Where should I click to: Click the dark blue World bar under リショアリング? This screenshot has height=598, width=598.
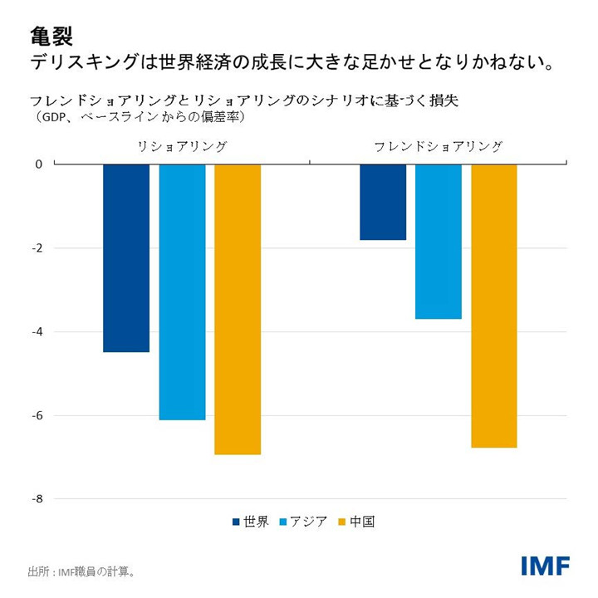pyautogui.click(x=126, y=258)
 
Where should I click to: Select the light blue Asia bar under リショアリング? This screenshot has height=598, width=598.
pyautogui.click(x=182, y=292)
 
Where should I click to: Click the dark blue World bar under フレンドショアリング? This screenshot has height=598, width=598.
pyautogui.click(x=383, y=202)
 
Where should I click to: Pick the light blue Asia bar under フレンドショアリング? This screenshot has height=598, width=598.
pyautogui.click(x=439, y=242)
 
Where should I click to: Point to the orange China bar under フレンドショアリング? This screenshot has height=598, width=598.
pyautogui.click(x=494, y=306)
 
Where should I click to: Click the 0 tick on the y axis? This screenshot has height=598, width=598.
pyautogui.click(x=38, y=164)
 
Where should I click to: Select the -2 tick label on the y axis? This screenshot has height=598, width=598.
pyautogui.click(x=37, y=248)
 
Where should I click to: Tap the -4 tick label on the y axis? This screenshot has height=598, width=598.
pyautogui.click(x=37, y=332)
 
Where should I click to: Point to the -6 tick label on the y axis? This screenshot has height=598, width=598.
pyautogui.click(x=37, y=416)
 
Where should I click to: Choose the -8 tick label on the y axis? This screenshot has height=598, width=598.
pyautogui.click(x=37, y=499)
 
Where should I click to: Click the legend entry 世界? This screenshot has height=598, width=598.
pyautogui.click(x=250, y=522)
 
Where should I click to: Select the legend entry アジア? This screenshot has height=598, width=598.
pyautogui.click(x=304, y=522)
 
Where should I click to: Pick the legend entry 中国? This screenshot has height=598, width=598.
pyautogui.click(x=357, y=522)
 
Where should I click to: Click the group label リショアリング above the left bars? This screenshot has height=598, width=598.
pyautogui.click(x=182, y=147)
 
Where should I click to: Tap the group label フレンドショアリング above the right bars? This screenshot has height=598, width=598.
pyautogui.click(x=438, y=147)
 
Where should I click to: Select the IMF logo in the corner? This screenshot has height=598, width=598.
pyautogui.click(x=545, y=566)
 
